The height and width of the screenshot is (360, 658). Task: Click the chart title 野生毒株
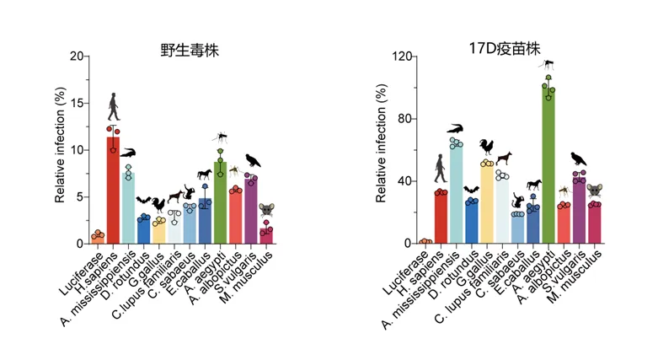click(185, 49)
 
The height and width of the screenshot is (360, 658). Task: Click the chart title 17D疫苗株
click(500, 49)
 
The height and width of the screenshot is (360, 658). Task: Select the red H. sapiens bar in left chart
click(112, 190)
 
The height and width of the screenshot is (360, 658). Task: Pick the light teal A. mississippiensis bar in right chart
click(456, 194)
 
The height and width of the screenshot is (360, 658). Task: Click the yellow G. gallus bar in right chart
click(487, 202)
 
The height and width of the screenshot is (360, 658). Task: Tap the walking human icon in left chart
click(114, 108)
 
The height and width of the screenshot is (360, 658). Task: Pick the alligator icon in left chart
click(128, 153)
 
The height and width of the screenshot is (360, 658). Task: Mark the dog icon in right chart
click(503, 159)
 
